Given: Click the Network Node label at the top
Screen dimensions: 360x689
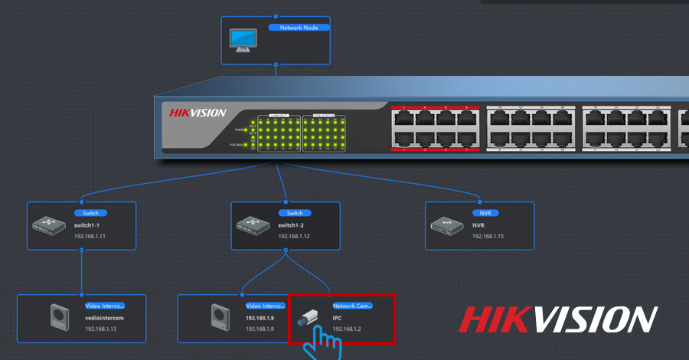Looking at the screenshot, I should (299, 27).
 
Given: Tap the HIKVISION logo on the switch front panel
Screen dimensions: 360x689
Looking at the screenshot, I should (198, 113).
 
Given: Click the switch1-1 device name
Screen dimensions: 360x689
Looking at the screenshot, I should (89, 225).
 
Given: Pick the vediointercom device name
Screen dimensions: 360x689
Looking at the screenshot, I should (103, 317).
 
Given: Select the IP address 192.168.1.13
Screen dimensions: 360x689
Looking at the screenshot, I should (101, 329).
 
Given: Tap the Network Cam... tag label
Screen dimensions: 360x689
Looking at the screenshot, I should (352, 305).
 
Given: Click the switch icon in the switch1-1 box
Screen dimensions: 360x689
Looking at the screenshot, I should (48, 225).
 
